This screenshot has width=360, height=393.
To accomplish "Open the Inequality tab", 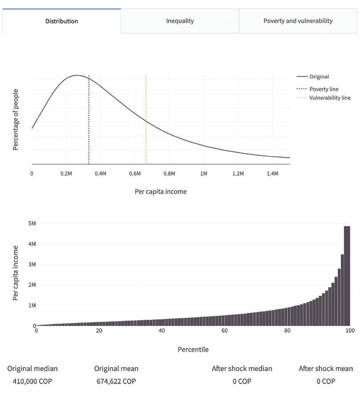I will (x=180, y=21).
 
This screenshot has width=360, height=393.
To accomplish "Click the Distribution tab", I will (x=61, y=21).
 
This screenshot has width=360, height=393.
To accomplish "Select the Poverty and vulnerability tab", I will (x=298, y=21).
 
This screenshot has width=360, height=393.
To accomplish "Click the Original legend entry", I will (x=319, y=76).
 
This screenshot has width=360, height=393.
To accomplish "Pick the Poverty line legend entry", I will (x=324, y=89).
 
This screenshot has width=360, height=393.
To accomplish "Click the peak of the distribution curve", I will (x=77, y=75).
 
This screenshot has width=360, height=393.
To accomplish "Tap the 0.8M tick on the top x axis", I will (x=169, y=173).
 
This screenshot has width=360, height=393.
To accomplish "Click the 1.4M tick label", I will (x=272, y=173).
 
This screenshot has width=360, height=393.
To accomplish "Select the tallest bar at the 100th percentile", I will (x=347, y=275).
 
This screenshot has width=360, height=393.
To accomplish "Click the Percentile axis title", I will (x=193, y=349).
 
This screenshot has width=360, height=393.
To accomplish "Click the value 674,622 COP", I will (x=116, y=381).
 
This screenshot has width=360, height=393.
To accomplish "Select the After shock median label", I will (x=242, y=369).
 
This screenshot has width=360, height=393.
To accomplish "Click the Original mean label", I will (x=116, y=369).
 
